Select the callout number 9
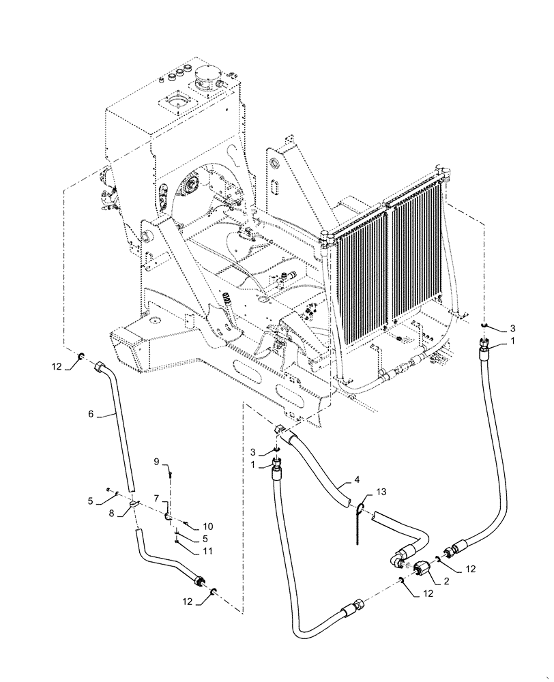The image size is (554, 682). click(x=156, y=462)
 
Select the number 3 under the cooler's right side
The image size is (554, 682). click(x=512, y=329)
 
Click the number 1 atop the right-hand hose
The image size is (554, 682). click(x=512, y=340)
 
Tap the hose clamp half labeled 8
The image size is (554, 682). click(x=132, y=504)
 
